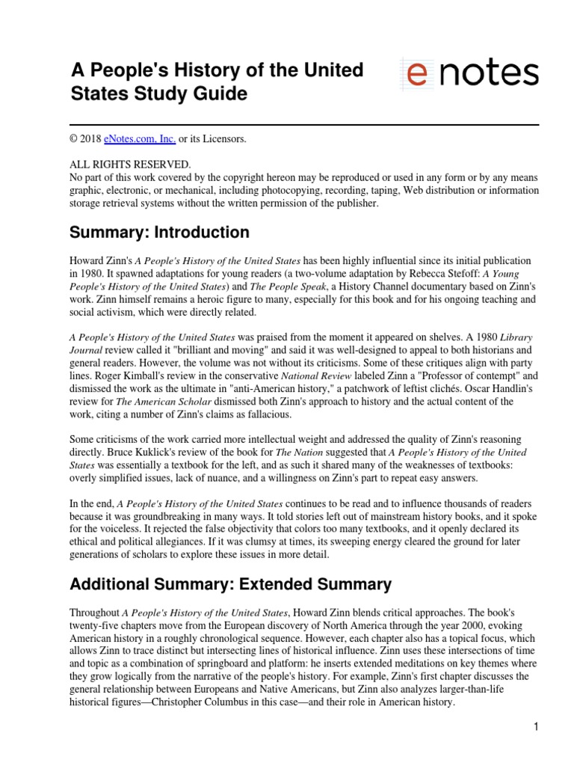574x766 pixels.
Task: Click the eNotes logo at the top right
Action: coord(469,74)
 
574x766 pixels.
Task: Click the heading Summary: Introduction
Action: coord(159,233)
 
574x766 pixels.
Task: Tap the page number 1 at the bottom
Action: coord(536,726)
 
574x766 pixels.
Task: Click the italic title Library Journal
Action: coord(516,338)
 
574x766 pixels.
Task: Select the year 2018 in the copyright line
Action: coord(93,139)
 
